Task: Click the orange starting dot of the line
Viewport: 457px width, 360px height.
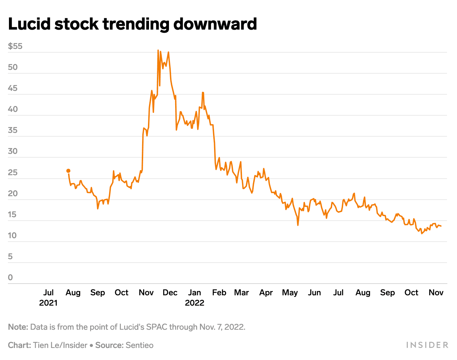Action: (x=68, y=171)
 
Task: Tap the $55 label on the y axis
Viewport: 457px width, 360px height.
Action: (x=15, y=46)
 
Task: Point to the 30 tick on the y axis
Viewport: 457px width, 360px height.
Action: (x=13, y=151)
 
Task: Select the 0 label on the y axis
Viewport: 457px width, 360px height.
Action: (x=10, y=277)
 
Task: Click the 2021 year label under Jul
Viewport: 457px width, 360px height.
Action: (x=48, y=303)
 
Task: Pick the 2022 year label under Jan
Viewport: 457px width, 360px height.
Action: (x=194, y=303)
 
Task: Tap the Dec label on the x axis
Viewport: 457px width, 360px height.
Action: (x=170, y=293)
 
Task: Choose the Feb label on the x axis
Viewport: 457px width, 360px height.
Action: (x=219, y=293)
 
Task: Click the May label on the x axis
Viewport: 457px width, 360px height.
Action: (x=290, y=293)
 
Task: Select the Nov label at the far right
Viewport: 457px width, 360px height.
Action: (x=436, y=293)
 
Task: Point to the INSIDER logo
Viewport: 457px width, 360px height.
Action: (x=427, y=345)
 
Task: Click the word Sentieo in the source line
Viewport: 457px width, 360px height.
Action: (x=139, y=345)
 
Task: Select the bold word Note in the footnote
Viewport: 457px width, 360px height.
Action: (x=18, y=327)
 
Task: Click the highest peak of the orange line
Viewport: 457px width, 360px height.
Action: (x=158, y=50)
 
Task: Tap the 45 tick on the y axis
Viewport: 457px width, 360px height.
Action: (x=13, y=88)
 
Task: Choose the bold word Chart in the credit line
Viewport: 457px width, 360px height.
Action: (x=19, y=345)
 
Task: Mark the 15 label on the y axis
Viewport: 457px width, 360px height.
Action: (x=13, y=214)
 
